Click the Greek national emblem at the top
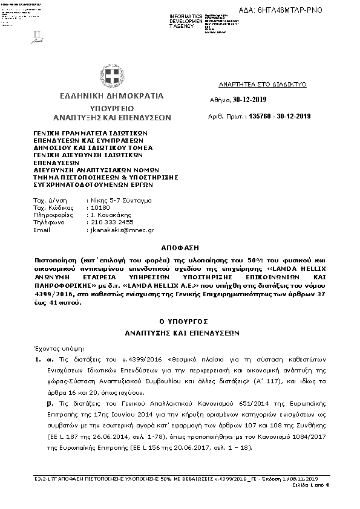point(111,76)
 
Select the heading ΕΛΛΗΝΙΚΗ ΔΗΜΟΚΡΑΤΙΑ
point(111,96)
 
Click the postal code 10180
point(99,207)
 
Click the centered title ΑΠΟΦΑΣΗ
point(180,247)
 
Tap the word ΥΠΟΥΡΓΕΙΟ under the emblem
point(111,107)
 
